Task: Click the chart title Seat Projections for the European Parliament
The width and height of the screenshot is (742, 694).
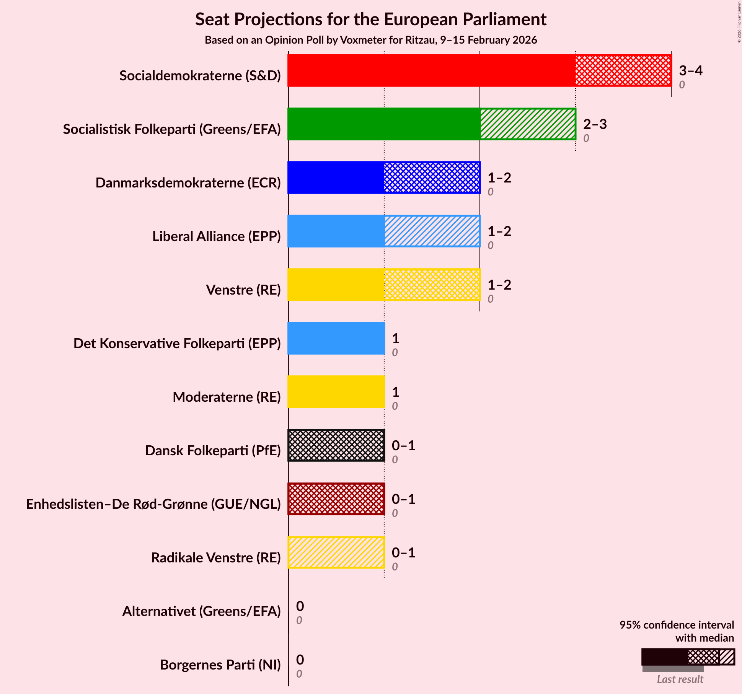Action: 370,20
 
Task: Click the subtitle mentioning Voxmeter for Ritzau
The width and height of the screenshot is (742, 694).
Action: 370,40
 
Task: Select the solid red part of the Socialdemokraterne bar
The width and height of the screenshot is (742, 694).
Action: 431,70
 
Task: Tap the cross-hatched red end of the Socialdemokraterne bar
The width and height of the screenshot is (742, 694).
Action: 623,70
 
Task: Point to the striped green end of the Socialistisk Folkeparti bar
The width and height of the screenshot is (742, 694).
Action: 528,124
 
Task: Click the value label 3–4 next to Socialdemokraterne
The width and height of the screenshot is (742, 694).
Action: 690,71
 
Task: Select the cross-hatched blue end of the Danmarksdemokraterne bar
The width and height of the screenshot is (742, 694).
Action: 432,178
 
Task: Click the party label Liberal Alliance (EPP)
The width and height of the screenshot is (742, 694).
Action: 216,236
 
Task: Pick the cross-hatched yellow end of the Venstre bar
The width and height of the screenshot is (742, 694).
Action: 432,285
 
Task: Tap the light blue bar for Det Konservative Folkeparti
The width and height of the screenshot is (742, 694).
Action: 336,338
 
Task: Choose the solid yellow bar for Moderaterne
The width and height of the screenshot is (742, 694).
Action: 336,392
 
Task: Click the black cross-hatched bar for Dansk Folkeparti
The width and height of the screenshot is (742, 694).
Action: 336,445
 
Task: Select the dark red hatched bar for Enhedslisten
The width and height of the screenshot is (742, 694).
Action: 336,499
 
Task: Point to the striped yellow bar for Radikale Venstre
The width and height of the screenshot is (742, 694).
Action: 336,552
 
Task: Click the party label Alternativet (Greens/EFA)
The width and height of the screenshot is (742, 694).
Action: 201,611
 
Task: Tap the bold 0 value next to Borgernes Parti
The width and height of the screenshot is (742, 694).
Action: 300,660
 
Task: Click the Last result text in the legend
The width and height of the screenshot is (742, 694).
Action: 680,679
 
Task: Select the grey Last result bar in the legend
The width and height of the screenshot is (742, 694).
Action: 672,669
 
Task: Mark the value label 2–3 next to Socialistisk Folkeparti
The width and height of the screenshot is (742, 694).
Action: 595,124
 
